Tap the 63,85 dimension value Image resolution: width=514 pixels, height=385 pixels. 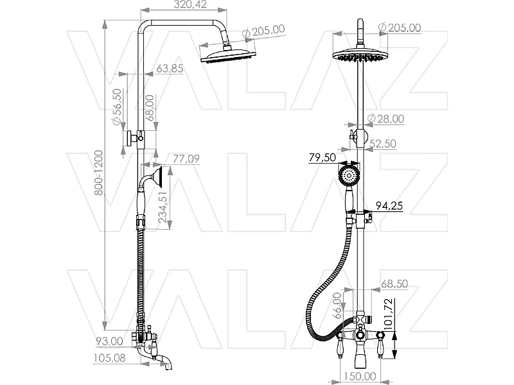click(170, 68)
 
